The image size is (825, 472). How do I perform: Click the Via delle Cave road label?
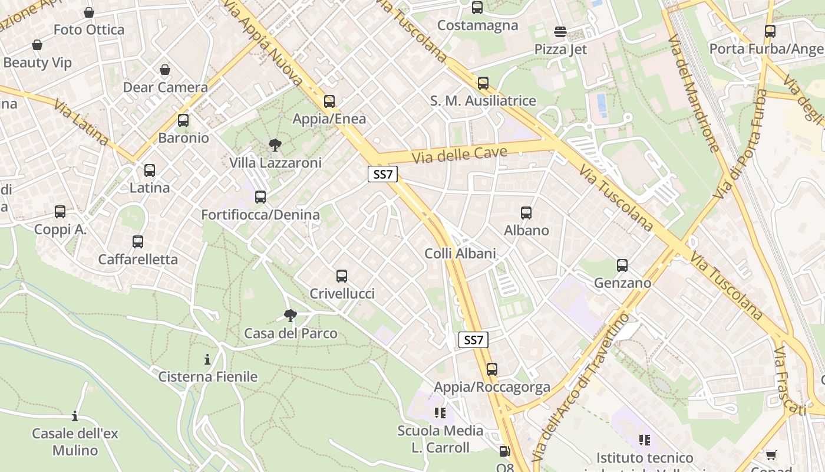(459, 155)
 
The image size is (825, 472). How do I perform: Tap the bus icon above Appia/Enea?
(329, 101)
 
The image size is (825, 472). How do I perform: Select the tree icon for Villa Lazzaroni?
(275, 145)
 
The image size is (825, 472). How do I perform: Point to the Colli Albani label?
(460, 254)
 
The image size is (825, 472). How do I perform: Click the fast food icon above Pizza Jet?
(560, 32)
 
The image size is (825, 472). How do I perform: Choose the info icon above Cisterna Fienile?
(207, 359)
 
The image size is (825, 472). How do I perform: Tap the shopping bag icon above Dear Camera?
(165, 70)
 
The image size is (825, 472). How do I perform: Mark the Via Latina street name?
(81, 122)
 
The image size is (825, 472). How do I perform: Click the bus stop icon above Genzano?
(622, 265)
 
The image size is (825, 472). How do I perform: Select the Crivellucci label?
(342, 294)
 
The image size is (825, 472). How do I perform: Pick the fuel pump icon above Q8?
(504, 451)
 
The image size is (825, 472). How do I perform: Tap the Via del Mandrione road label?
(693, 93)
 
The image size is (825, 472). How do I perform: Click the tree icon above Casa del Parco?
(290, 316)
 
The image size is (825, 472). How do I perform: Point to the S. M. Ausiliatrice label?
(483, 101)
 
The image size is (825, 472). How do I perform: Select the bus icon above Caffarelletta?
(138, 242)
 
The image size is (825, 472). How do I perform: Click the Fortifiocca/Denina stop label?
(260, 215)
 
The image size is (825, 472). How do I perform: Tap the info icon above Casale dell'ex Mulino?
(75, 417)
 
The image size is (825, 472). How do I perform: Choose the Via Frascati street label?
(789, 381)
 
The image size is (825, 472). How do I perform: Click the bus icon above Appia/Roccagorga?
(491, 369)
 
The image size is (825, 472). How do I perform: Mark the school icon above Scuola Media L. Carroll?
(440, 412)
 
